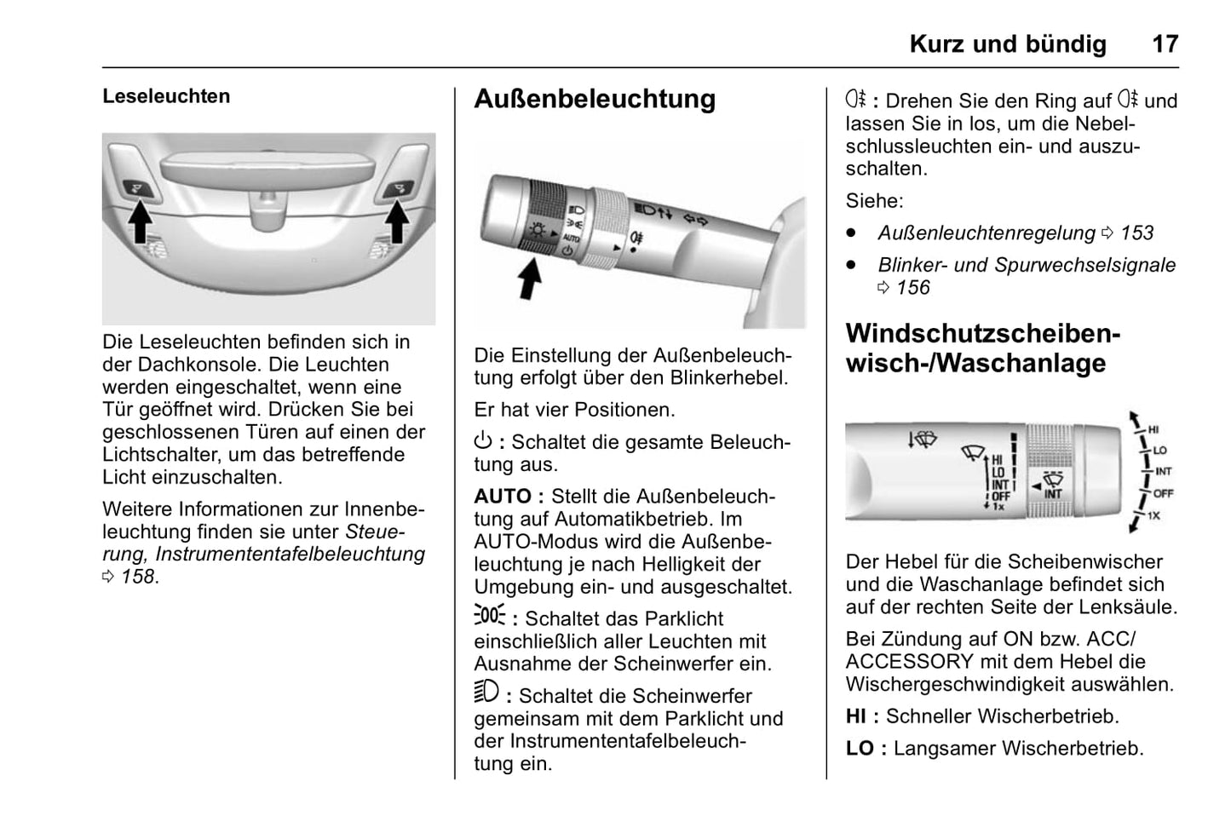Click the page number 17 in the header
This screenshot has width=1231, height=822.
[1165, 43]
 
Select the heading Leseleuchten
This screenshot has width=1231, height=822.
[166, 96]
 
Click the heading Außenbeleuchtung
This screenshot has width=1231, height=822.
[595, 99]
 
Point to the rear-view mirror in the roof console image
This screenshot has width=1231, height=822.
[268, 166]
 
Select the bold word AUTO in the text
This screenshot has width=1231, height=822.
[503, 497]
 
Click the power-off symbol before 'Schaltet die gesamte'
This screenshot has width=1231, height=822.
[483, 441]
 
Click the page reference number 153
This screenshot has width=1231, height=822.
[1136, 233]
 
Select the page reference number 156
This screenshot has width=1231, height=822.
[912, 288]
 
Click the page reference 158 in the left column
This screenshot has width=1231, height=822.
[137, 577]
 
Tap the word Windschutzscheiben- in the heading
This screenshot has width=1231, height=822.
[982, 333]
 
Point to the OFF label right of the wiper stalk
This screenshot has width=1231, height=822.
[1163, 493]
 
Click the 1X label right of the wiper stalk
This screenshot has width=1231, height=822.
[1153, 516]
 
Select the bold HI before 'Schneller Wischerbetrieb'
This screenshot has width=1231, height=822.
[855, 716]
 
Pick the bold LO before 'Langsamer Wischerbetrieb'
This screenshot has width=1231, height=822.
[860, 749]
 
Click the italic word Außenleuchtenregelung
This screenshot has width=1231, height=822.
[986, 233]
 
